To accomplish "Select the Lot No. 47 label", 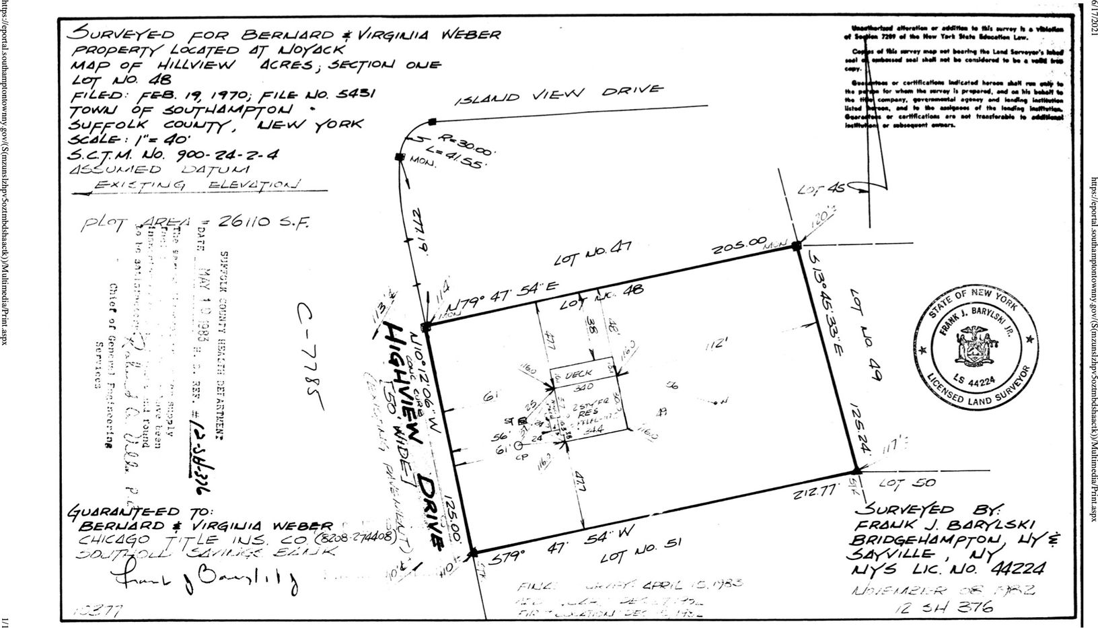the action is [591, 256].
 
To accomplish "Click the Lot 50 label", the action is [905, 483].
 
